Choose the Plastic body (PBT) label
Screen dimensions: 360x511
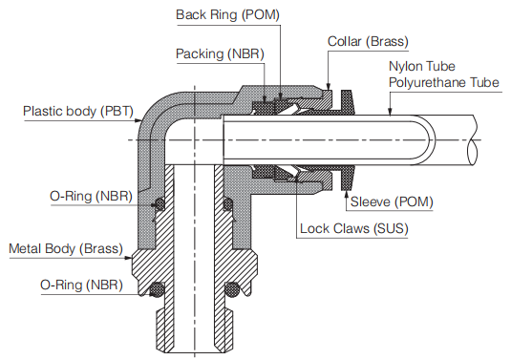(75, 112)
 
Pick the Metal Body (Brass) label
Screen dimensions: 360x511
(66, 249)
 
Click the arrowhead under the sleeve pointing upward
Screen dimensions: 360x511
(345, 190)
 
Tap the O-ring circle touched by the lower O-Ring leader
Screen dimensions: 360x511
(158, 290)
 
